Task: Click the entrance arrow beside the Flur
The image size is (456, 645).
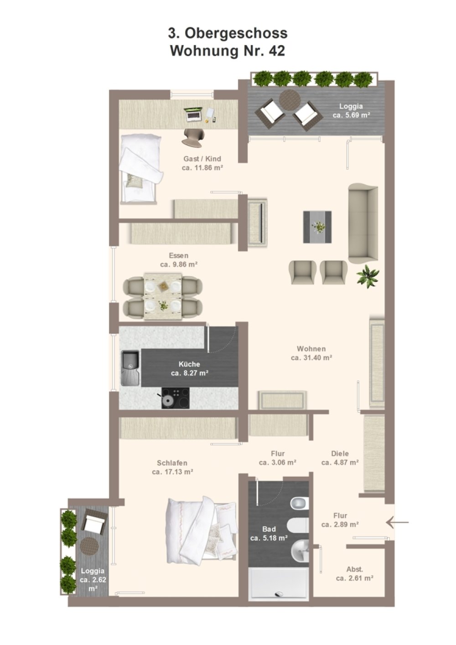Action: pos(397,522)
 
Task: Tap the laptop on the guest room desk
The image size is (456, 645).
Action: pos(193,114)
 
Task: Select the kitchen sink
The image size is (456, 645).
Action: pos(130,368)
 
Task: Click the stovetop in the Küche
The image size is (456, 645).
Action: pos(175,398)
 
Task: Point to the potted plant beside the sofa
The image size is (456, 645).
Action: pos(368,276)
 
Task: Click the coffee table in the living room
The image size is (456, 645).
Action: pos(317,227)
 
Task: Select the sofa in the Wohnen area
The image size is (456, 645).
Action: pos(363,223)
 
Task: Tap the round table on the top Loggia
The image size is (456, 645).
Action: pos(290,99)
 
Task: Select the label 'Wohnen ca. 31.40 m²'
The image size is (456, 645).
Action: pos(311,353)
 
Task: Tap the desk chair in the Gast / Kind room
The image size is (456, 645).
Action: pos(193,137)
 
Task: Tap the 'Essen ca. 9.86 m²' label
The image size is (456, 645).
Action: pos(179,260)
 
